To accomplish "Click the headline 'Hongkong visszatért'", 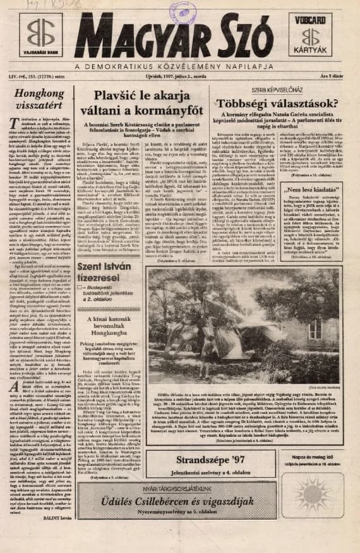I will click(x=40, y=99).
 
